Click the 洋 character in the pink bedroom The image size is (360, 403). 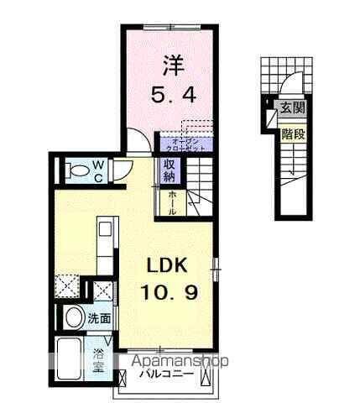[x=172, y=64]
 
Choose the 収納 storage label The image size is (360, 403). [x=168, y=171]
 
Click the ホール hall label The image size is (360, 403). [x=171, y=204]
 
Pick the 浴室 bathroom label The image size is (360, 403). [x=99, y=359]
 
